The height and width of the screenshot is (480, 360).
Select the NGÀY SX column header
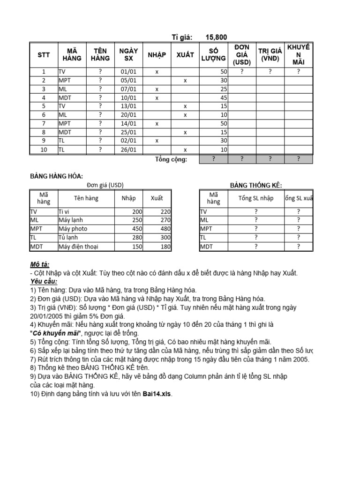128,55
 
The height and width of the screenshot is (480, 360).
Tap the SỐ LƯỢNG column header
213,55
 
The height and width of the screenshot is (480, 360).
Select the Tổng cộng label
171,160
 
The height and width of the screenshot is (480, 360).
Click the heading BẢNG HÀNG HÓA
57,176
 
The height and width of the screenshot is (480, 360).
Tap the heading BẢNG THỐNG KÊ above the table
256,186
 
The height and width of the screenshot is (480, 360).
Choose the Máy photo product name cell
73,229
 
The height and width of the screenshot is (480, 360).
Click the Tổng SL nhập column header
255,198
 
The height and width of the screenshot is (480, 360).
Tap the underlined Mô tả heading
40,265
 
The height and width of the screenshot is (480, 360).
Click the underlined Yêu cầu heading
44,281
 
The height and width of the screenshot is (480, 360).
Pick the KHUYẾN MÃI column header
298,55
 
